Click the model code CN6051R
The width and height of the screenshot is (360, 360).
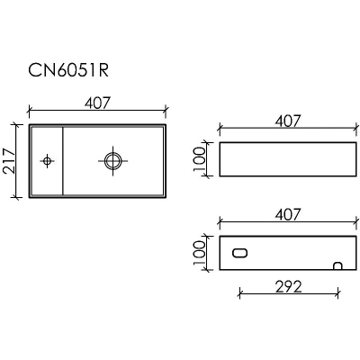tap(68, 71)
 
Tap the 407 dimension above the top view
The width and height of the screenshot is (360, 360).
tap(97, 103)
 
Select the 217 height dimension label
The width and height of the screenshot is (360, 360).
tap(9, 161)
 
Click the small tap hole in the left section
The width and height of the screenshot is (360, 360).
tap(47, 161)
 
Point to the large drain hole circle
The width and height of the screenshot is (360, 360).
tap(113, 153)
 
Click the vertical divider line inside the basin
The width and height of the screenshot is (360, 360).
tap(63, 161)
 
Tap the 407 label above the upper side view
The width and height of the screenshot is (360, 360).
tap(287, 121)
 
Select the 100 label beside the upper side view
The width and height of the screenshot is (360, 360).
tap(200, 159)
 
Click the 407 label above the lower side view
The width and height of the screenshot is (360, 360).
tap(287, 214)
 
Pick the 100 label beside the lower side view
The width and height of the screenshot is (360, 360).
tap(200, 253)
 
